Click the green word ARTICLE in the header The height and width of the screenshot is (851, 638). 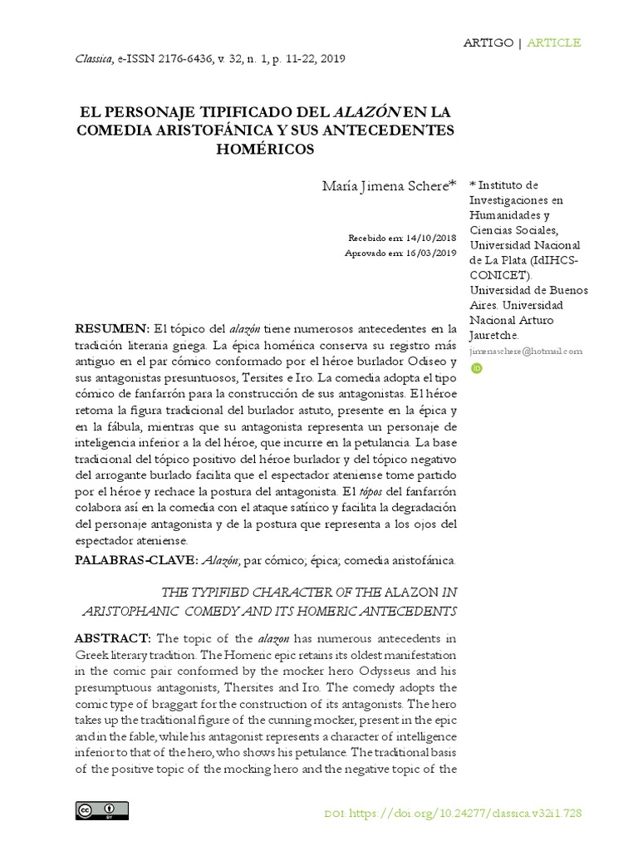[x=554, y=42]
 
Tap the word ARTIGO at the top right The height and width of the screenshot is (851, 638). [x=488, y=42]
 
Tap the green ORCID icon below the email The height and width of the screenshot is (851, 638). [x=476, y=367]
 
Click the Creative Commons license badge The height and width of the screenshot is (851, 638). [x=101, y=811]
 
